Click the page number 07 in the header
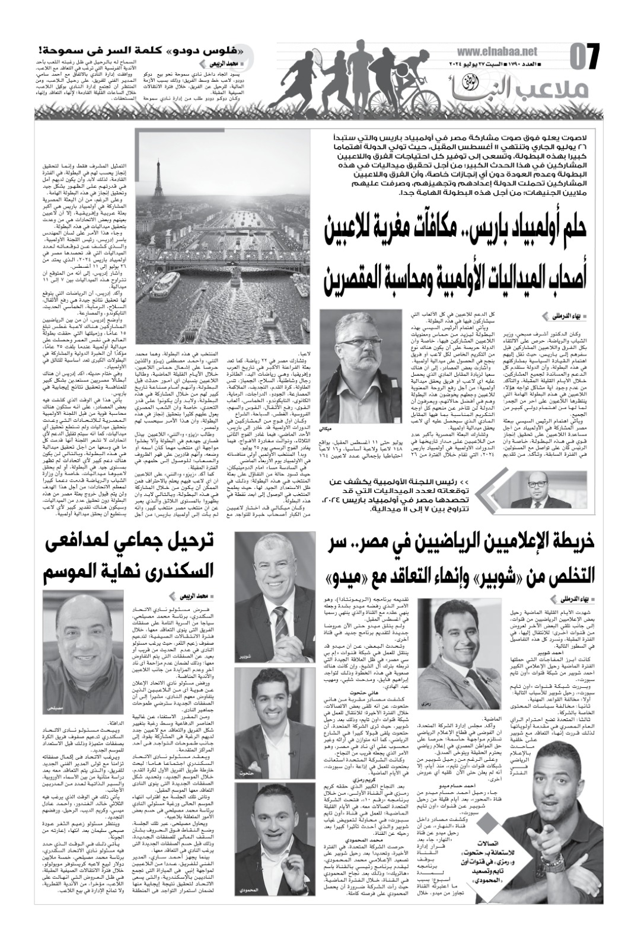[586, 57]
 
